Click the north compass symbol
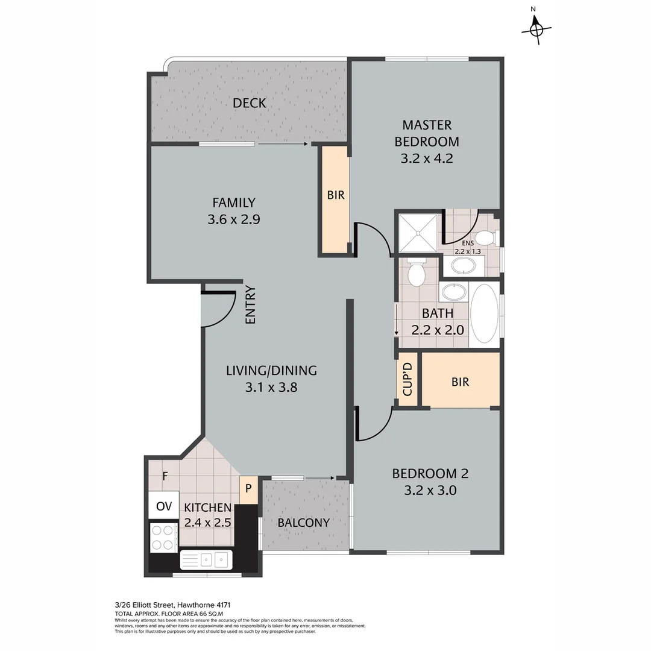point(536,28)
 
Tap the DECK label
point(250,103)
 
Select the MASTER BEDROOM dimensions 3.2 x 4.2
point(426,159)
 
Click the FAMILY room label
point(233,203)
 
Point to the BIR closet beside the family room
point(336,196)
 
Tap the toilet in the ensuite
point(486,237)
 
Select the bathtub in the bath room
point(484,313)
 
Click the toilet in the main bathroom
point(416,272)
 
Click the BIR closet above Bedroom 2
point(460,382)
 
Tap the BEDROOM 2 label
point(430,474)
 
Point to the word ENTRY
point(251,304)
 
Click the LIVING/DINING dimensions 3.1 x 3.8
point(271,388)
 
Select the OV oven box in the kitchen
point(163,506)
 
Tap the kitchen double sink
point(206,560)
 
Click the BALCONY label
point(303,523)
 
